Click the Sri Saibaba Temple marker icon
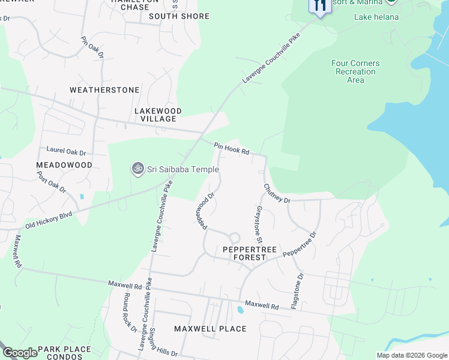click(137, 170)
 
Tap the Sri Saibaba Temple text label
click(182, 170)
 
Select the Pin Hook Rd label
click(232, 148)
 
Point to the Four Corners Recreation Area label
click(355, 71)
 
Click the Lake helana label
click(376, 17)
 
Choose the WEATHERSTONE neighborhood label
click(104, 90)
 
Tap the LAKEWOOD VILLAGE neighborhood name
click(158, 115)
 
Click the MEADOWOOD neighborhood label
click(64, 165)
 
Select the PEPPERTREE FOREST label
click(244, 253)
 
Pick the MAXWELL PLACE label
click(210, 329)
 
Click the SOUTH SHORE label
click(179, 16)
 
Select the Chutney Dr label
click(277, 193)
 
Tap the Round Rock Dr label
click(130, 310)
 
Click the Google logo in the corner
click(19, 353)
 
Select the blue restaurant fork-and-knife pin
click(319, 6)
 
